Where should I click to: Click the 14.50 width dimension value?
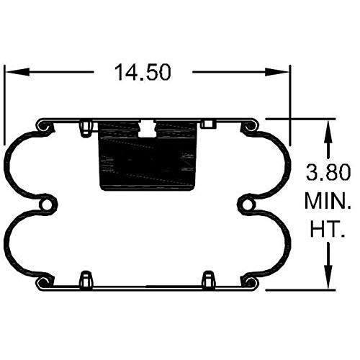point(143,73)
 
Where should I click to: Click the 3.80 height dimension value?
point(328,172)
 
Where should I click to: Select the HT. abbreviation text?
point(328,229)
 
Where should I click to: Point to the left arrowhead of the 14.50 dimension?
point(17,72)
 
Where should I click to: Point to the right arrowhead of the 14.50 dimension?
point(276,72)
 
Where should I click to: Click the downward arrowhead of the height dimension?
point(328,276)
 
